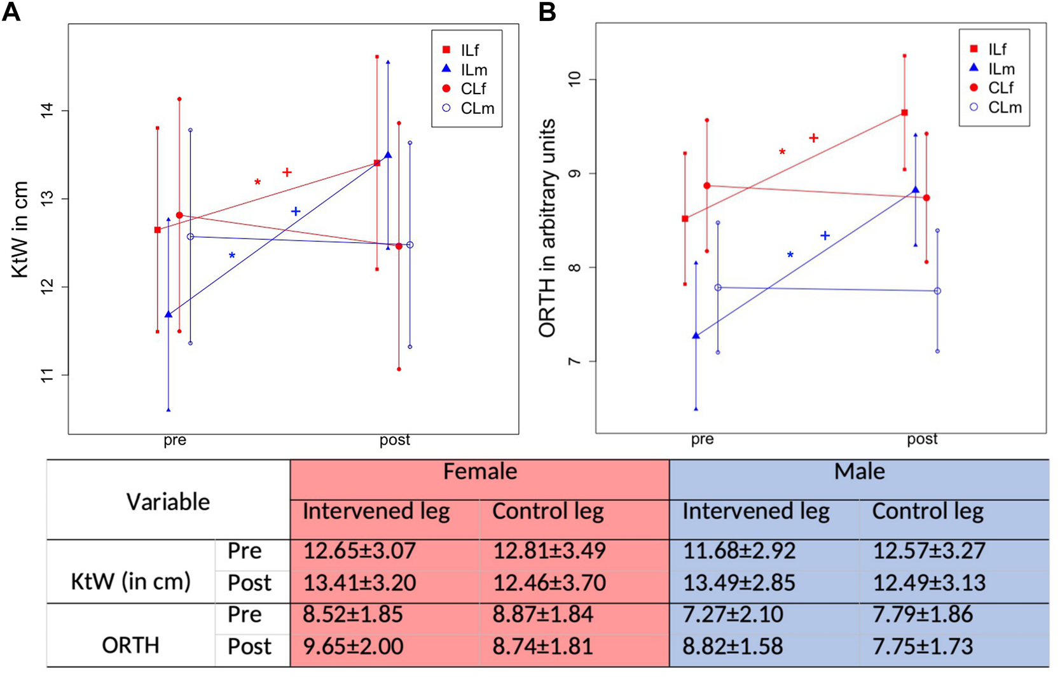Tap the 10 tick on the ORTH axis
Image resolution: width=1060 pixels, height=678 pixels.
(575, 80)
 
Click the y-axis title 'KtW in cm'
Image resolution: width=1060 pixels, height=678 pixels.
(20, 229)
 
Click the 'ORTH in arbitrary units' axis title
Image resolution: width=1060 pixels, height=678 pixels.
(547, 228)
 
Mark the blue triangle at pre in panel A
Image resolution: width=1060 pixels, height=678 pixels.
(169, 314)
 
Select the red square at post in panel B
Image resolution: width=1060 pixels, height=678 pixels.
(904, 113)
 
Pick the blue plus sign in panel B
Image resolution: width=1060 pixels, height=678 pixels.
(825, 236)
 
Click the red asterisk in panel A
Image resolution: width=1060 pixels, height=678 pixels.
(258, 183)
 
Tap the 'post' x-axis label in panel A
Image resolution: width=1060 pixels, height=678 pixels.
(395, 440)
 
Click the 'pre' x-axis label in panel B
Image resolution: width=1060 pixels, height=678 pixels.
(702, 439)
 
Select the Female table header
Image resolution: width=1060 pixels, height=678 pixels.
(480, 472)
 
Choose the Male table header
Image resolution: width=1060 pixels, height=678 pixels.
(859, 472)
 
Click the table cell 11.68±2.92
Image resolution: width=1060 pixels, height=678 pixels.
(739, 551)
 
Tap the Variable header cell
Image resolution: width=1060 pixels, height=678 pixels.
(168, 502)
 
